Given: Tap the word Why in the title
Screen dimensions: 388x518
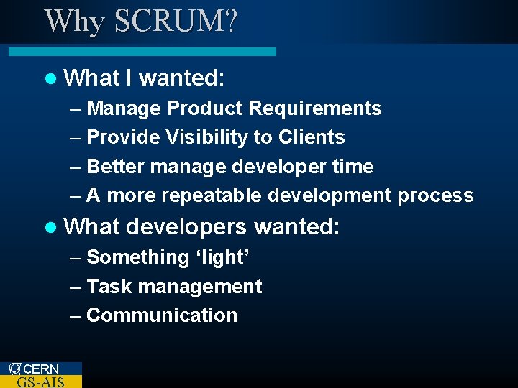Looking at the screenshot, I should (x=73, y=21).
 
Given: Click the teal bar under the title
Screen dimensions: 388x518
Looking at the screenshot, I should (x=142, y=52).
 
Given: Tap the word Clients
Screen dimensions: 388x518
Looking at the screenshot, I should (x=311, y=137).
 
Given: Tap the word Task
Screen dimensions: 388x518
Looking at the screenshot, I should (x=109, y=287).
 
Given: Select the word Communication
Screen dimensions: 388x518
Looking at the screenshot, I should (x=162, y=315).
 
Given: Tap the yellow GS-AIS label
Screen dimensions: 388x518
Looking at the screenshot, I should (x=40, y=382).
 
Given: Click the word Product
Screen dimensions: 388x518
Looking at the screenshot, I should (x=204, y=108).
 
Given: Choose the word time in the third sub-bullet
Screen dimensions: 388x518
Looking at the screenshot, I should (x=353, y=167).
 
